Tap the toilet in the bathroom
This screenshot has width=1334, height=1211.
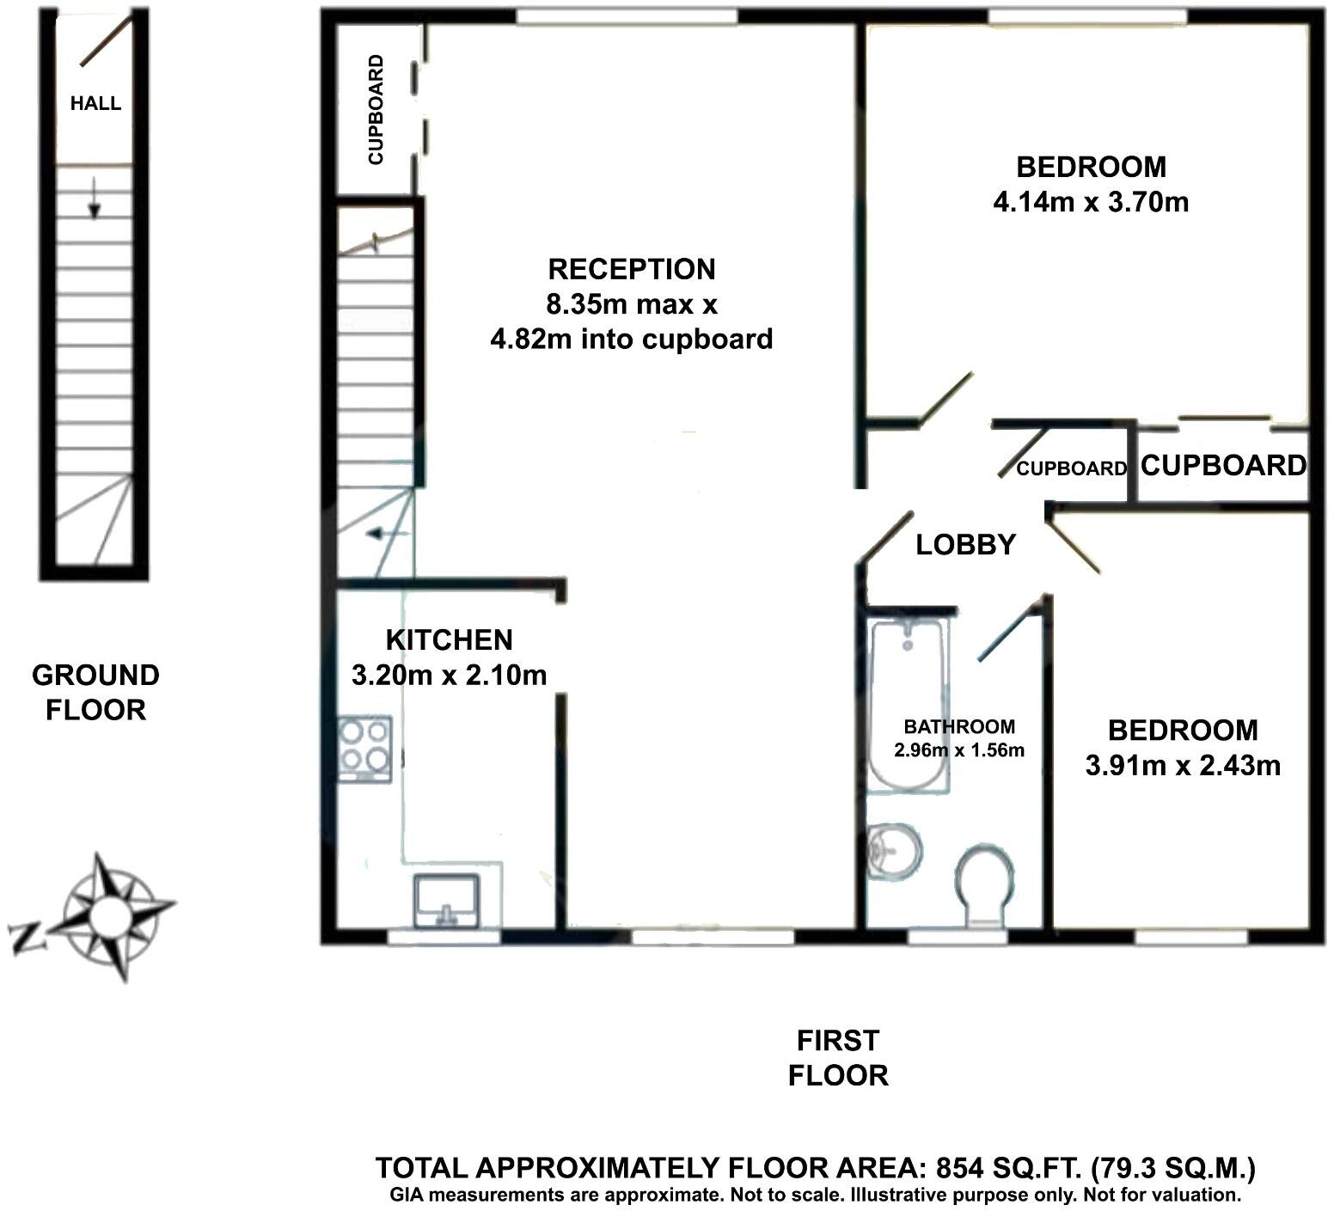pyautogui.click(x=984, y=885)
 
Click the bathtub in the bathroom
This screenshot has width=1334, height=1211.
pyautogui.click(x=908, y=705)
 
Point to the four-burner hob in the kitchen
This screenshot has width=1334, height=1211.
pyautogui.click(x=364, y=748)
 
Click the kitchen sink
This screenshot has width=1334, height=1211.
pyautogui.click(x=446, y=901)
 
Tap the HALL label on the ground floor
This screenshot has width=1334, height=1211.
pyautogui.click(x=95, y=104)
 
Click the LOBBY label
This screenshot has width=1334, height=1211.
pyautogui.click(x=965, y=545)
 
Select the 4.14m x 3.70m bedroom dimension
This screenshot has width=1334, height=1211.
pyautogui.click(x=1091, y=203)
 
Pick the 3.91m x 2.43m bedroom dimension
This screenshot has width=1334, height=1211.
pyautogui.click(x=1183, y=765)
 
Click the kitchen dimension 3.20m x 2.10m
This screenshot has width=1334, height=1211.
pyautogui.click(x=449, y=676)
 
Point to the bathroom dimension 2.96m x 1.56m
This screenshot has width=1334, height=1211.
pyautogui.click(x=959, y=750)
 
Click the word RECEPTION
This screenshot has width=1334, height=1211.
pyautogui.click(x=632, y=269)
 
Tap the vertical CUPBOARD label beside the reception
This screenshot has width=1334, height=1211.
pyautogui.click(x=376, y=109)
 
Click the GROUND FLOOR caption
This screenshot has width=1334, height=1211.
pyautogui.click(x=95, y=693)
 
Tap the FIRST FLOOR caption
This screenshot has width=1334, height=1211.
pyautogui.click(x=838, y=1058)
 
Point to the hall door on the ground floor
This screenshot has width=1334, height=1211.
pyautogui.click(x=107, y=41)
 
